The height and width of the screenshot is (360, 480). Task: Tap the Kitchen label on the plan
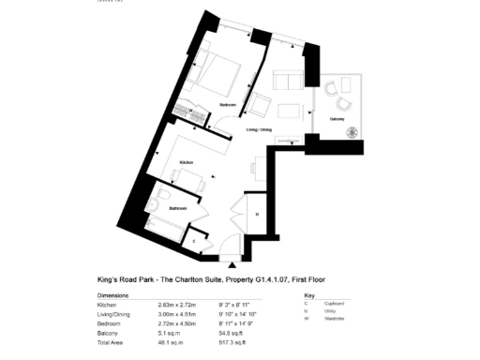[186, 162]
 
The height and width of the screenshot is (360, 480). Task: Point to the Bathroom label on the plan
[178, 207]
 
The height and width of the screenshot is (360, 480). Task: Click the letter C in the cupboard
[194, 240]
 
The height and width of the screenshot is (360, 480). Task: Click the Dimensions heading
[117, 295]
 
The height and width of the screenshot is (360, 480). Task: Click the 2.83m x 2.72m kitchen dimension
[176, 305]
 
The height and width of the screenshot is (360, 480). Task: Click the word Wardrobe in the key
[326, 320]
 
